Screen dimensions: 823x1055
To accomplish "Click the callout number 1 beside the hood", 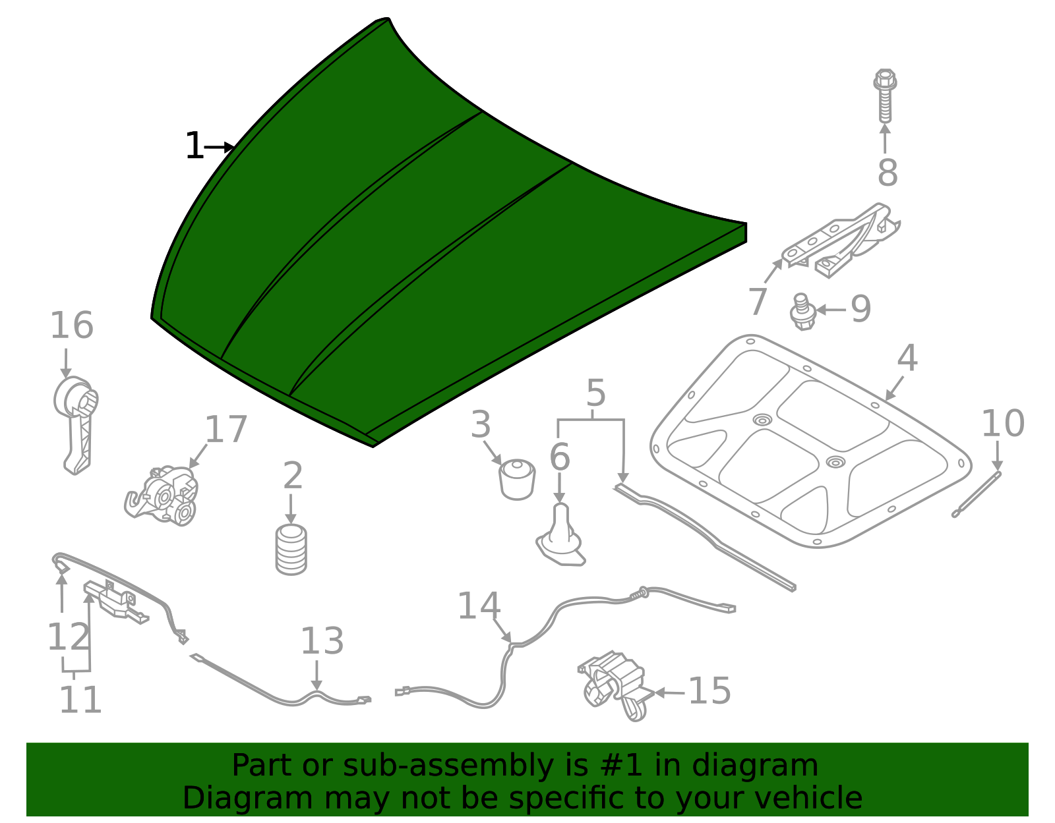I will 194,146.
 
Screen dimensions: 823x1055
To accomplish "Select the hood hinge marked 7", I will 841,241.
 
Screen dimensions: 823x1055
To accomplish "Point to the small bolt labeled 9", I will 802,312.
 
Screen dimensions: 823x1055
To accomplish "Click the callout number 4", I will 907,358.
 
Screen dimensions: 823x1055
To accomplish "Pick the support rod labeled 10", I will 977,494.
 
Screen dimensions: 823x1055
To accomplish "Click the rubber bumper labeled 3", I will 516,479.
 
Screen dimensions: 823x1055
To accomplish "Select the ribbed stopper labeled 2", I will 291,549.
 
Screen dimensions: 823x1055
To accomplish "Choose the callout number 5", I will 595,393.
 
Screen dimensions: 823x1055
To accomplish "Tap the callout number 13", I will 322,640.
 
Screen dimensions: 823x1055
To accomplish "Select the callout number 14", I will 479,606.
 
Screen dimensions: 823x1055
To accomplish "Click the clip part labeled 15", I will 613,685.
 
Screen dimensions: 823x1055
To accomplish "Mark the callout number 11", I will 80,700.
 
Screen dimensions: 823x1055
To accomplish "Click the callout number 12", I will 68,637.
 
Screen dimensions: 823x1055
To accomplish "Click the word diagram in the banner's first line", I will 769,766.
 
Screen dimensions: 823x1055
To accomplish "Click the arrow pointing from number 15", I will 669,693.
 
